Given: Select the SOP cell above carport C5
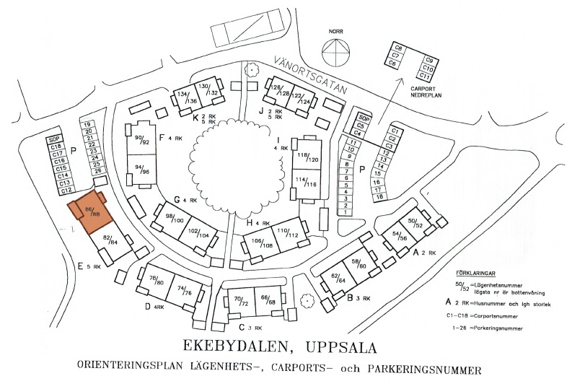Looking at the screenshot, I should click(364, 118).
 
